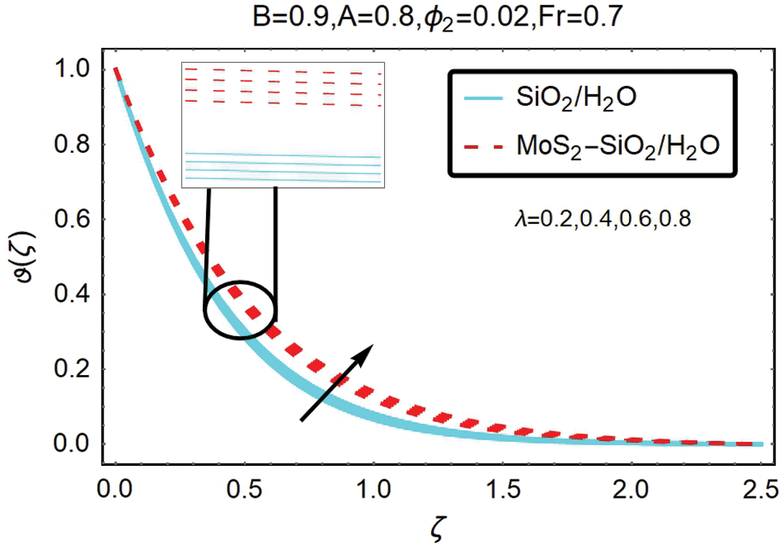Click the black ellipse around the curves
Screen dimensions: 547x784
click(x=239, y=310)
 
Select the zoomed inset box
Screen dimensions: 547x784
click(x=283, y=126)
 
